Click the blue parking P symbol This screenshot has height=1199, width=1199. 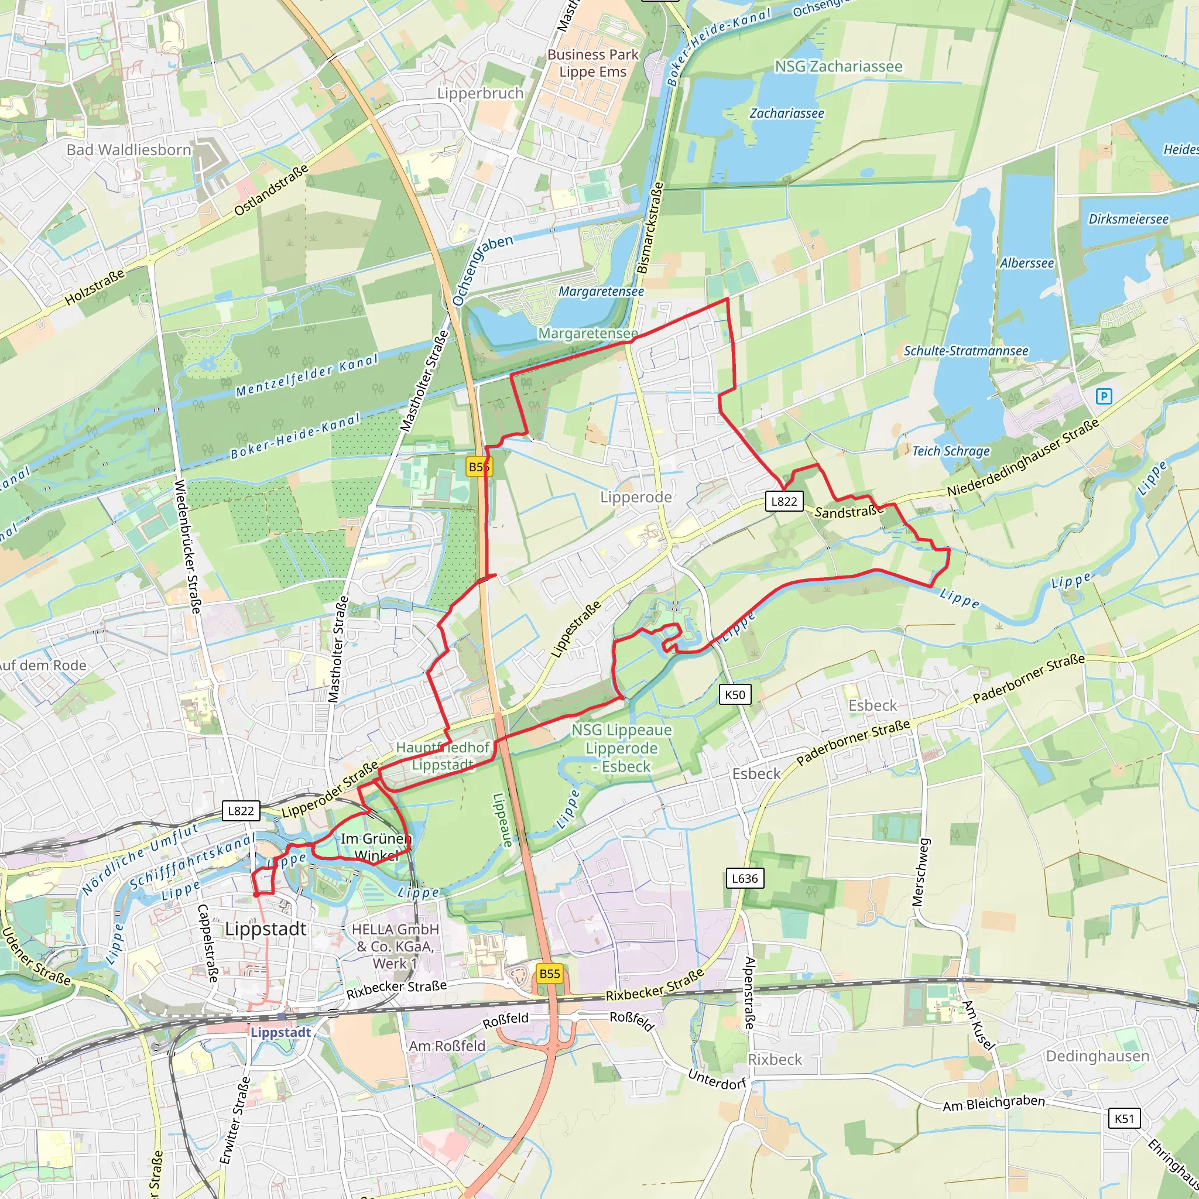pyautogui.click(x=1104, y=396)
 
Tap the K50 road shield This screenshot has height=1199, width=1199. pyautogui.click(x=735, y=694)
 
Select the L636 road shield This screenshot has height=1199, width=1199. pyautogui.click(x=745, y=878)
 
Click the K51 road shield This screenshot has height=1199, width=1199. pyautogui.click(x=1124, y=1119)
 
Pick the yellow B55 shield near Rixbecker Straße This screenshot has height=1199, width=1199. pyautogui.click(x=549, y=974)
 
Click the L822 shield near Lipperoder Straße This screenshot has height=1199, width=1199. pyautogui.click(x=241, y=810)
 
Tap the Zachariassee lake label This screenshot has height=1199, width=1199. pyautogui.click(x=786, y=114)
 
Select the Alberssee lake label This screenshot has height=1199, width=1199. pyautogui.click(x=1026, y=263)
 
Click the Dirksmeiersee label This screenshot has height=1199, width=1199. pyautogui.click(x=1128, y=219)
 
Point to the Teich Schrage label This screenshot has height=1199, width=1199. pyautogui.click(x=951, y=451)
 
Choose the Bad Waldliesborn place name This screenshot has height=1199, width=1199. pyautogui.click(x=128, y=150)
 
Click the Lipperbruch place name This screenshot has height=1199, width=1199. pyautogui.click(x=480, y=94)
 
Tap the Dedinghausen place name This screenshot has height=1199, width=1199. pyautogui.click(x=1097, y=1056)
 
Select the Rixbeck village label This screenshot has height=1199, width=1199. pyautogui.click(x=775, y=1059)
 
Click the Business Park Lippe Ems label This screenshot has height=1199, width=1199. pyautogui.click(x=592, y=63)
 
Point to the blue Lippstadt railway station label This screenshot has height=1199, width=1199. pyautogui.click(x=280, y=1032)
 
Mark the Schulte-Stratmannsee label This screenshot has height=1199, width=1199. pyautogui.click(x=965, y=351)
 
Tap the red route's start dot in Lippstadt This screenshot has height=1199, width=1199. pyautogui.click(x=256, y=895)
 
